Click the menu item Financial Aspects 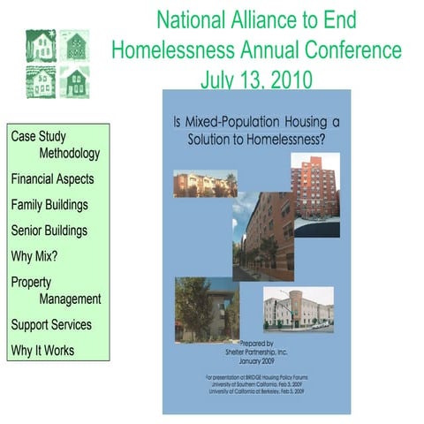pyautogui.click(x=52, y=178)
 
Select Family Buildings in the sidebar pyautogui.click(x=50, y=204)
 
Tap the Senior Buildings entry pyautogui.click(x=49, y=231)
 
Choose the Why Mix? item pyautogui.click(x=35, y=257)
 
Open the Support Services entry pyautogui.click(x=51, y=324)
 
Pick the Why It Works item pyautogui.click(x=42, y=351)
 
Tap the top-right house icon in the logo pyautogui.click(x=74, y=46)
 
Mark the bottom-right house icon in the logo pyautogui.click(x=74, y=81)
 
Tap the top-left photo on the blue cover pyautogui.click(x=205, y=184)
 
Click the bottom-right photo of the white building pyautogui.click(x=298, y=309)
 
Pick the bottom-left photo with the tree pyautogui.click(x=206, y=309)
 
